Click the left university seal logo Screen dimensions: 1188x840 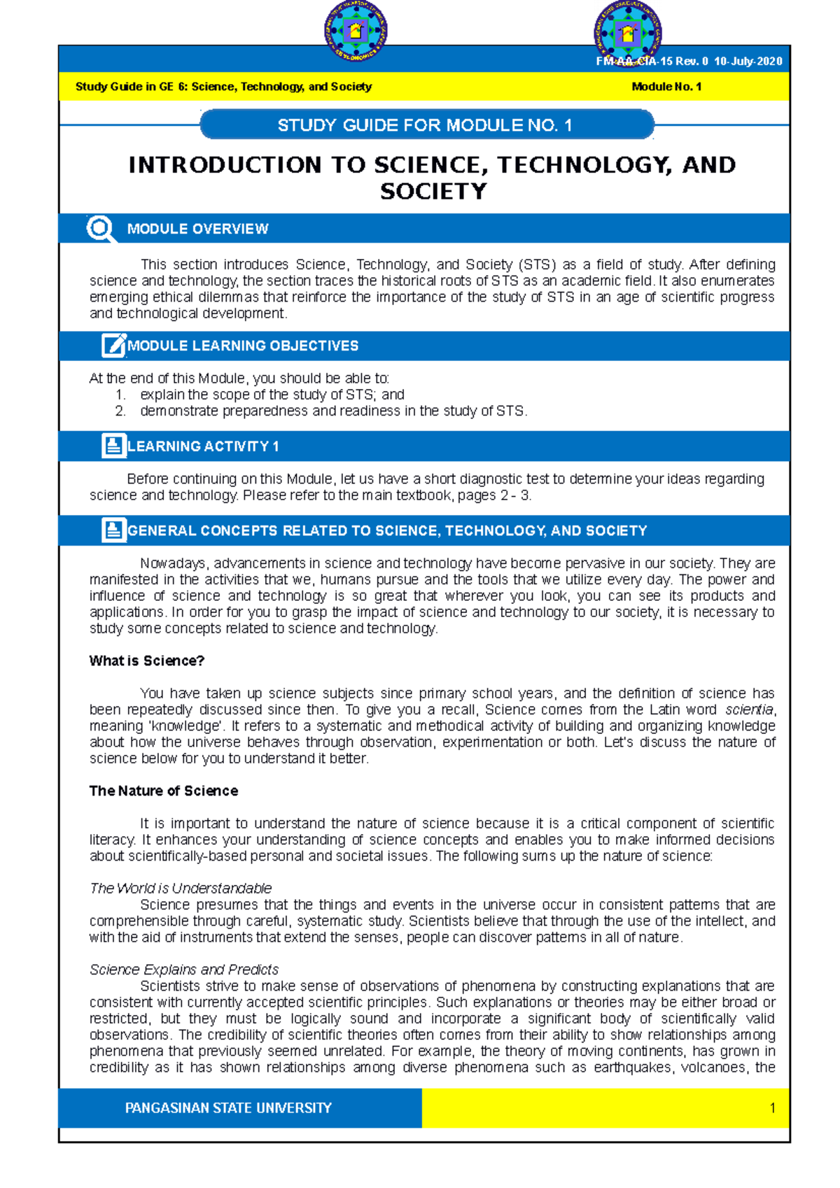click(356, 31)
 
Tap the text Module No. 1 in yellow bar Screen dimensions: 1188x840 click(666, 87)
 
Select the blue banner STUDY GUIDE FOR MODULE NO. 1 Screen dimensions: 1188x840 click(426, 125)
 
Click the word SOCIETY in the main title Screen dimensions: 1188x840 click(433, 191)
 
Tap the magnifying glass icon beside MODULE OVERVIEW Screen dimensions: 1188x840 click(100, 229)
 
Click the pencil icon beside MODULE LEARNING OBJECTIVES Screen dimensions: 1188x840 click(113, 346)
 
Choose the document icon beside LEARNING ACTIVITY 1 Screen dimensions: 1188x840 click(113, 446)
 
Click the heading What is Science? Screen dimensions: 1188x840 click(146, 661)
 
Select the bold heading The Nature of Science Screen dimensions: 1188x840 click(163, 791)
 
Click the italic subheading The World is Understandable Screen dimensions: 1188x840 click(181, 889)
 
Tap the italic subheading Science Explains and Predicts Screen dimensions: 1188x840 click(184, 970)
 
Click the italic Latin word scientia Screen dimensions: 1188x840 click(749, 709)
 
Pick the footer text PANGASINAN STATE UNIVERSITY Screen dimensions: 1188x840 click(228, 1108)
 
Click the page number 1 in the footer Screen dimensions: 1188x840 click(772, 1108)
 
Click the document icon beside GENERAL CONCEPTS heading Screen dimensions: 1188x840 click(113, 530)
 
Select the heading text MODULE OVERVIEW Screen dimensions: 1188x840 click(197, 229)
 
